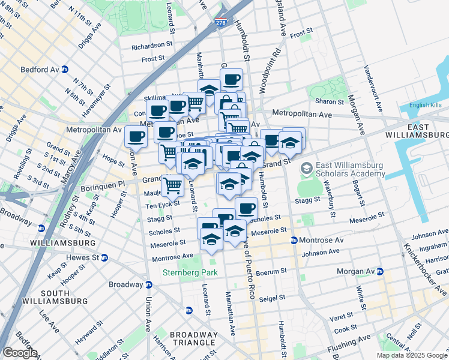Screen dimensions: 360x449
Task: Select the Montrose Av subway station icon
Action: [294, 240]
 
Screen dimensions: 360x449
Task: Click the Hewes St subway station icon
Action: [104, 257]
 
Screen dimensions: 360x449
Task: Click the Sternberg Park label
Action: [190, 273]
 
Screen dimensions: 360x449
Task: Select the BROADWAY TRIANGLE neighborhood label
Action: [193, 340]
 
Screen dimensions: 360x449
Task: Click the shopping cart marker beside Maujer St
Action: [172, 185]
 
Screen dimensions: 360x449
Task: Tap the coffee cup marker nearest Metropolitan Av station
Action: [136, 136]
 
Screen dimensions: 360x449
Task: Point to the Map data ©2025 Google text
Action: [411, 355]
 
